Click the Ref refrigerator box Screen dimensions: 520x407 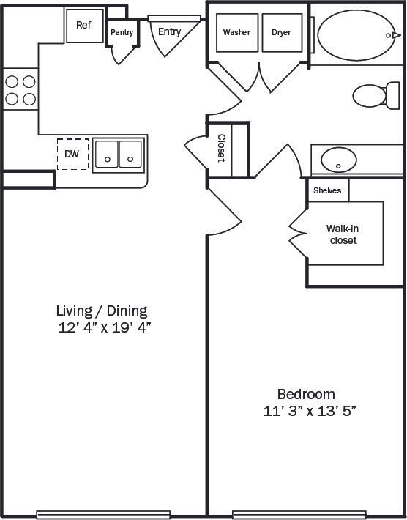tap(83, 26)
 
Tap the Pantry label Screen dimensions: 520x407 tap(122, 32)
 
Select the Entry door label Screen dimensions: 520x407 tap(169, 31)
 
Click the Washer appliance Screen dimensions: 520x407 tap(236, 33)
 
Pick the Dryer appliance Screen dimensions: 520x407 tap(282, 33)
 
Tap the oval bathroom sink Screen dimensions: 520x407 tap(340, 158)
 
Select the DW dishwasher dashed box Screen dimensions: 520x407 tap(72, 154)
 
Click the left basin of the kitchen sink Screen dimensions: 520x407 tap(106, 155)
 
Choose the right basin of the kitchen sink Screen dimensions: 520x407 tap(130, 155)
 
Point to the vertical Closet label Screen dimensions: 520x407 tap(221, 149)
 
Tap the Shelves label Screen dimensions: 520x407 tap(327, 190)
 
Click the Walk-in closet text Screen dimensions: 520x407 tap(343, 234)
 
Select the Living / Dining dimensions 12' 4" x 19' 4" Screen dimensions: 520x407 tap(104, 328)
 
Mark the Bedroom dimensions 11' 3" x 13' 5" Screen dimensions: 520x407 tap(310, 411)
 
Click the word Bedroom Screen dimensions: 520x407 tap(306, 394)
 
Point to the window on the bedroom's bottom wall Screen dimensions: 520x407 tap(299, 514)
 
